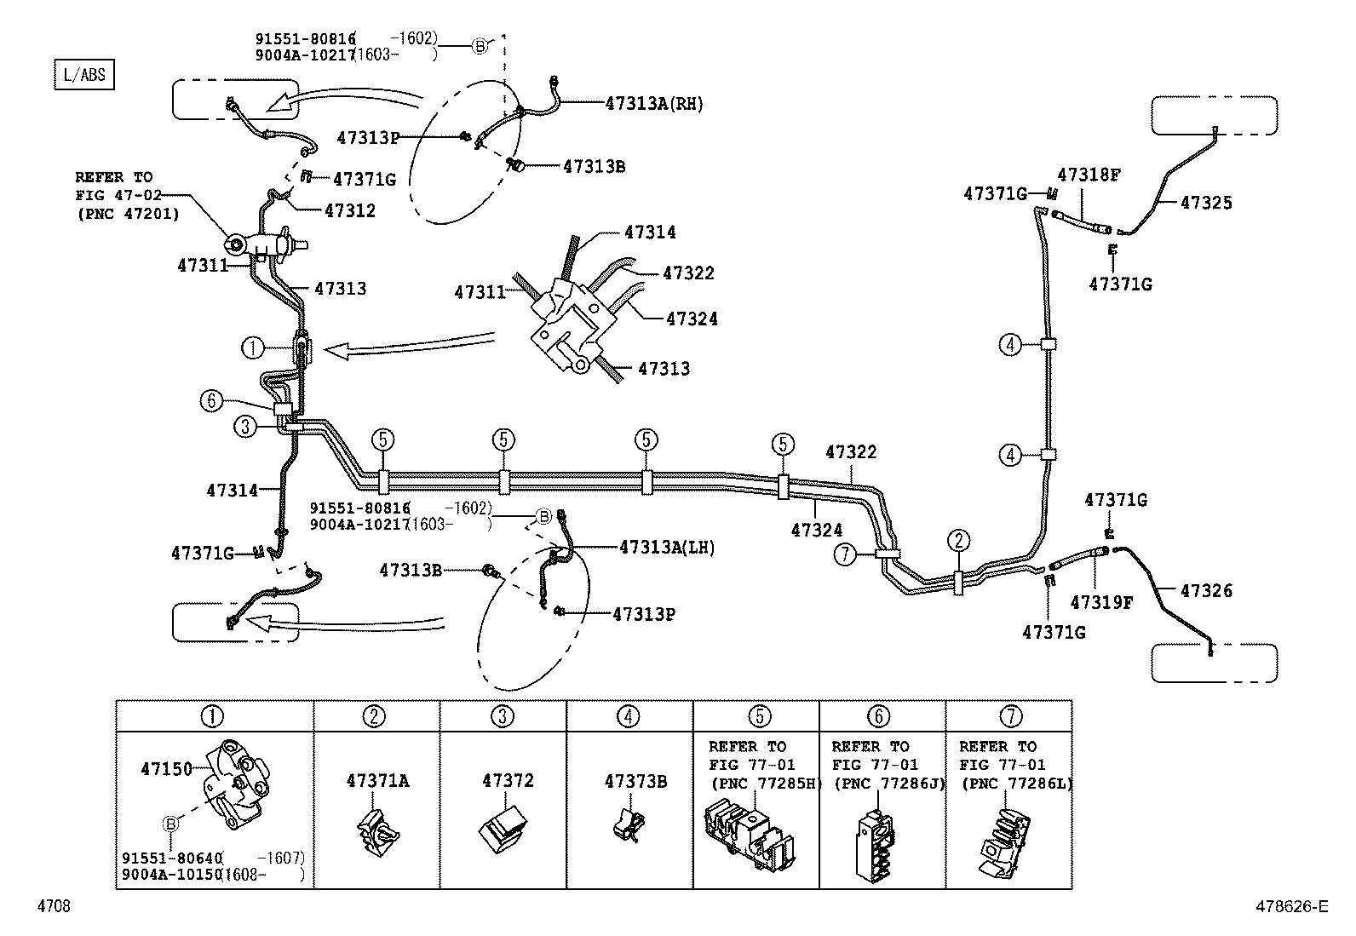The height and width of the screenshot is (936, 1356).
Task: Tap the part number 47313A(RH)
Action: [x=654, y=104]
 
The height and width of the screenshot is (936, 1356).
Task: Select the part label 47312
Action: [x=349, y=210]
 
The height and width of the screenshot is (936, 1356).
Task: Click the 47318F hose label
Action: [x=1089, y=175]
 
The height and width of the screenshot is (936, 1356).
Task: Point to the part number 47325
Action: [x=1206, y=203]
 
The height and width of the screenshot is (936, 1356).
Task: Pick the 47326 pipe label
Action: [x=1206, y=590]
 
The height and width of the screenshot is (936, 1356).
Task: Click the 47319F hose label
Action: [x=1101, y=603]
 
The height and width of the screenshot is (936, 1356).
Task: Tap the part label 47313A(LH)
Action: [x=667, y=548]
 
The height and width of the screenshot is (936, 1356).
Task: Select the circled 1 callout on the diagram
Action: [x=253, y=347]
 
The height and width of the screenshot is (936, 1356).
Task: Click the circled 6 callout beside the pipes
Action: [x=211, y=400]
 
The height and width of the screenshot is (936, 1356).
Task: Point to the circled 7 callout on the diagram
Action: [x=843, y=555]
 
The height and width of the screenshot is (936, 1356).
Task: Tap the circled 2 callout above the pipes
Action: [x=958, y=540]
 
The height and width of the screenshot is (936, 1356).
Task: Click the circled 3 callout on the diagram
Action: [x=245, y=427]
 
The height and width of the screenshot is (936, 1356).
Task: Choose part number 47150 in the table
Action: [x=167, y=768]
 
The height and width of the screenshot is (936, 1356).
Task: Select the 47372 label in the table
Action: [x=508, y=780]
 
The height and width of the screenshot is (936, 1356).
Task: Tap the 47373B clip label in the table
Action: [x=635, y=780]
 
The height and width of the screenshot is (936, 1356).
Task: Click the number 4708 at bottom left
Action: [x=53, y=906]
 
